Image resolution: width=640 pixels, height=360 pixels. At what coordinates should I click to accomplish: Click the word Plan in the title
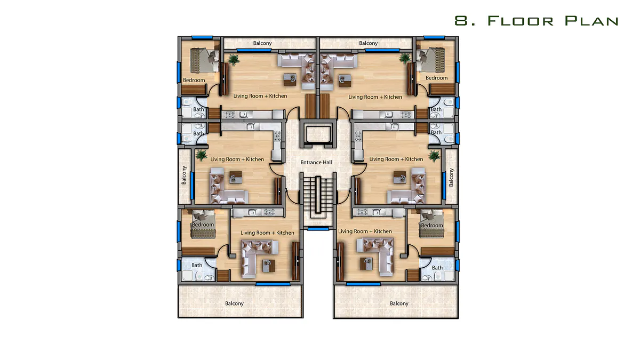tap(591, 21)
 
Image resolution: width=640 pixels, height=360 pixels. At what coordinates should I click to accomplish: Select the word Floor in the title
tap(521, 21)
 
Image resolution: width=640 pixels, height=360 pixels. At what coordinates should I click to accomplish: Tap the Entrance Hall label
tap(316, 162)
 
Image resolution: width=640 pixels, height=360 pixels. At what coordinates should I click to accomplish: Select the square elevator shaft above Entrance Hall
tap(318, 134)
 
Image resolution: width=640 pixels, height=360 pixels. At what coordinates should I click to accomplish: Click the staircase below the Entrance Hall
tap(318, 197)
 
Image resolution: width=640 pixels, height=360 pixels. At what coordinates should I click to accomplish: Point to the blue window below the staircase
tap(318, 229)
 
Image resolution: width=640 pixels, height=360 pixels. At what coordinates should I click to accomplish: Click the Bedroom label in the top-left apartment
tap(194, 80)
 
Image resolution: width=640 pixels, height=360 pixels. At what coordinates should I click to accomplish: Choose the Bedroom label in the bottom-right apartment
tap(431, 225)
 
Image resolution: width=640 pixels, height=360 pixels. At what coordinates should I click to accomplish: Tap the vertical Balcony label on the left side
tap(183, 175)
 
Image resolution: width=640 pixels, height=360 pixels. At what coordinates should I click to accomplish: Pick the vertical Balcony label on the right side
tap(451, 178)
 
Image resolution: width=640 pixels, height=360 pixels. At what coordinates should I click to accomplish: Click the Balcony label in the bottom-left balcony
tap(234, 303)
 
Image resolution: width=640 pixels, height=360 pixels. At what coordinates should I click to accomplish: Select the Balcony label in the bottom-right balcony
tap(399, 303)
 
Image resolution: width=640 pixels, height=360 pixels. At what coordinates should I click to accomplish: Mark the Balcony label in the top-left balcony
tap(262, 43)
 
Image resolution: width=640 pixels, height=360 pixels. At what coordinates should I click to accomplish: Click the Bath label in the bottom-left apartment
tap(197, 265)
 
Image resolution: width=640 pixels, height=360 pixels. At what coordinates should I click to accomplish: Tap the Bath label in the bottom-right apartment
tap(437, 268)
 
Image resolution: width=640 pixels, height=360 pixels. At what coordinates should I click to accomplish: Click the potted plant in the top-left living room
tap(234, 59)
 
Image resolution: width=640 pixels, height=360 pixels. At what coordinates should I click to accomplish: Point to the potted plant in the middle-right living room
tap(434, 156)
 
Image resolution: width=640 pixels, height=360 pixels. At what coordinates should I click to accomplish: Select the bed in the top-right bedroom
tap(433, 60)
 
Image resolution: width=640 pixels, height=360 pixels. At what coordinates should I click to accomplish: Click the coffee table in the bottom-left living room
tap(269, 266)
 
